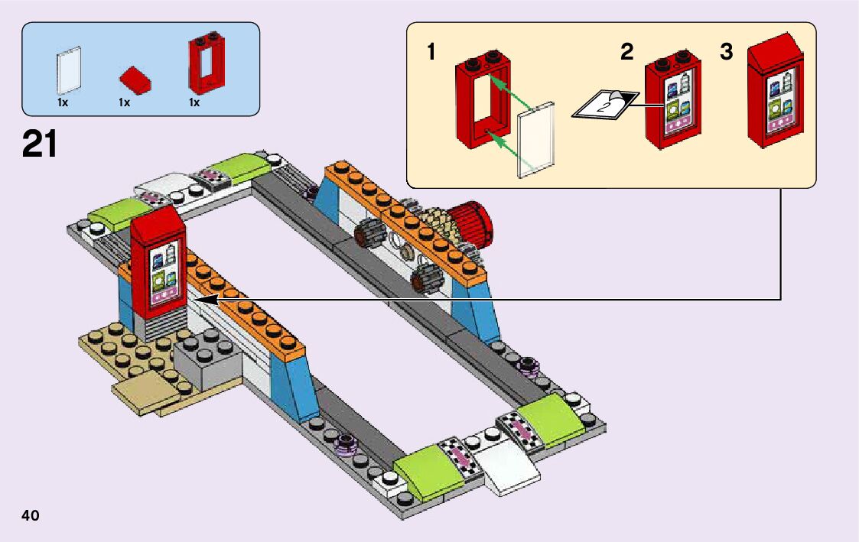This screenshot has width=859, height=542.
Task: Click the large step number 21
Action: click(x=40, y=144)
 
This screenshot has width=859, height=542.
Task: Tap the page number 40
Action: click(x=31, y=515)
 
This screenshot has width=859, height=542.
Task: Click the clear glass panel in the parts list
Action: click(x=68, y=71)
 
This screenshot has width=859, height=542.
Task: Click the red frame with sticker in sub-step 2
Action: click(x=673, y=102)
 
